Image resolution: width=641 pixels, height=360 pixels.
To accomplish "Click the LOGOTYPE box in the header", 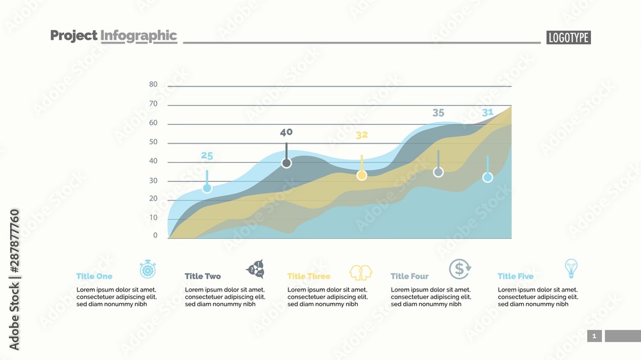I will click(x=569, y=38).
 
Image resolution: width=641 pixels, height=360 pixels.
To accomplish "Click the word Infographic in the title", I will click(x=138, y=36).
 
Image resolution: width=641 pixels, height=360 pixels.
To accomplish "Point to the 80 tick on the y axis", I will click(x=153, y=85).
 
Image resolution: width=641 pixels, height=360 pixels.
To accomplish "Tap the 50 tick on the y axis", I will click(x=153, y=142).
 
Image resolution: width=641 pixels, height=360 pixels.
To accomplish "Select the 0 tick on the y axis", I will click(x=155, y=236).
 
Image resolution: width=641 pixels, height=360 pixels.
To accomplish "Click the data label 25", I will click(x=206, y=156).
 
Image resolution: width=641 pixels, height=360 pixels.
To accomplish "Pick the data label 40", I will click(x=286, y=133).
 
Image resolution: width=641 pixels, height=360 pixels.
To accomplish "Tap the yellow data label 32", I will click(x=362, y=135).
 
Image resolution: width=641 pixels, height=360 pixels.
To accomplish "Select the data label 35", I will click(x=438, y=113).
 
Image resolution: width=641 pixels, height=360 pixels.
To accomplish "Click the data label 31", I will click(x=488, y=113).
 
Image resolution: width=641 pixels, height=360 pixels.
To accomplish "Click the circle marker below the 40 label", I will click(x=287, y=163).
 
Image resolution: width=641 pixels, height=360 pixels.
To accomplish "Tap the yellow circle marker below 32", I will click(x=362, y=175).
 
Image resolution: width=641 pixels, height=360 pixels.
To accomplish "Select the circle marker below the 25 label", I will click(x=207, y=188).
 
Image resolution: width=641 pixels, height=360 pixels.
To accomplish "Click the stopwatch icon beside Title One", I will click(x=148, y=270).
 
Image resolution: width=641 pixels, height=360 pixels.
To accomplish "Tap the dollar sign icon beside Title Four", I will click(x=460, y=270).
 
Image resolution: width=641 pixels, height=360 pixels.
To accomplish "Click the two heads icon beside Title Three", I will click(x=361, y=272).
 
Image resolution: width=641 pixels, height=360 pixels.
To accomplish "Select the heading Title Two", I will click(x=203, y=277).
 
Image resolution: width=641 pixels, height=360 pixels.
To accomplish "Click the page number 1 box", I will click(x=594, y=336).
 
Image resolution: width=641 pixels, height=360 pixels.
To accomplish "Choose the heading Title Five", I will click(x=515, y=277).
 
